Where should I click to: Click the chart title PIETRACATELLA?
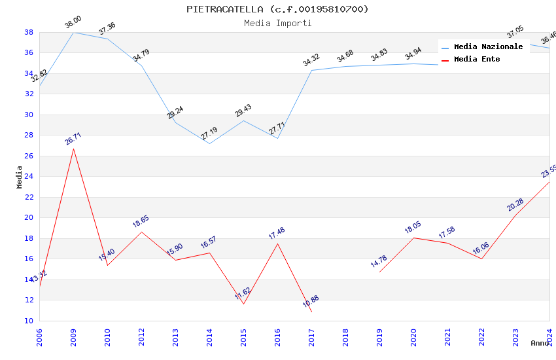(x=277, y=9)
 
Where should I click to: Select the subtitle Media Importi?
(x=277, y=23)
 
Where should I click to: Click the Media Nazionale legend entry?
(x=488, y=46)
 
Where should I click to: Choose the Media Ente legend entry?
(x=477, y=59)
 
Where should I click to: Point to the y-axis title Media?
(x=20, y=177)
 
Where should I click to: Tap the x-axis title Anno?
(x=540, y=343)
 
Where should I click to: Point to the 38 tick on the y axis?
(x=29, y=32)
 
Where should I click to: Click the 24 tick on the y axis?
(x=29, y=177)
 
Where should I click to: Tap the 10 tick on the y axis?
(x=29, y=321)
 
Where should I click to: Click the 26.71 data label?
(x=73, y=139)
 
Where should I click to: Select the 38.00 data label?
(x=73, y=24)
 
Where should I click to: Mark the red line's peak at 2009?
(x=73, y=149)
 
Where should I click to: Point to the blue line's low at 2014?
(x=209, y=143)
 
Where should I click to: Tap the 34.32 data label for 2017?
(x=311, y=61)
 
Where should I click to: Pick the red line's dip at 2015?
(x=243, y=304)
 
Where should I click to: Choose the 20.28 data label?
(x=515, y=206)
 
